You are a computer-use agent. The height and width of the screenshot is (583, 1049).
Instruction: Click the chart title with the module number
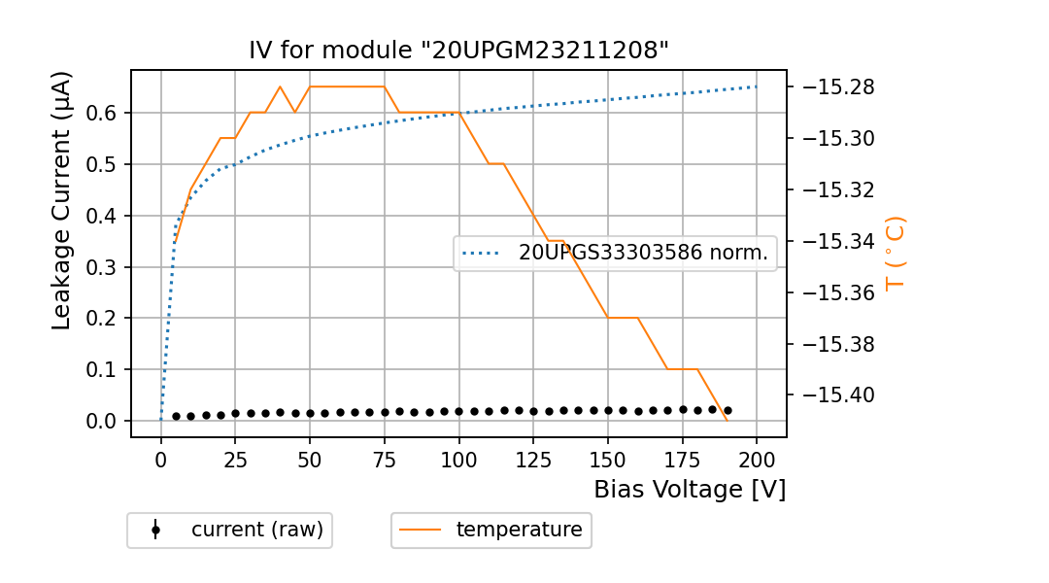[458, 51]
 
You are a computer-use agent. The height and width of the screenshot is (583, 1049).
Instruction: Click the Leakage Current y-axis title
[62, 200]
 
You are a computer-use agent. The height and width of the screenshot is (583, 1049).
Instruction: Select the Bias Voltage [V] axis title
[690, 490]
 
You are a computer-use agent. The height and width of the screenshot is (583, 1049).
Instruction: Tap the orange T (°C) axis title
[895, 253]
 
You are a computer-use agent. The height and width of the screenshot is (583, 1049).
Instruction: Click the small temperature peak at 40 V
[280, 86]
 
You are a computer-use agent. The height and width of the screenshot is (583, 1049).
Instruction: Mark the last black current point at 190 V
[728, 411]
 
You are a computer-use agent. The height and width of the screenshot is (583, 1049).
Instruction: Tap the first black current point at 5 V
[176, 416]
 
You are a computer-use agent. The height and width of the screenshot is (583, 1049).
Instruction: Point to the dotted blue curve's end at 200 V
[757, 86]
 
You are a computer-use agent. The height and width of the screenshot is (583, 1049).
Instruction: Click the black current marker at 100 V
[459, 411]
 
